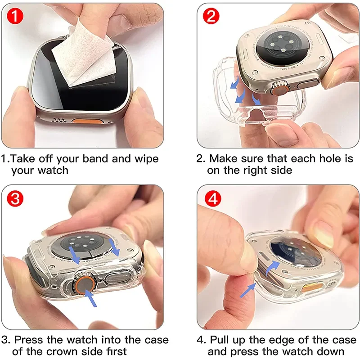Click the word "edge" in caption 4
[285, 340]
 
